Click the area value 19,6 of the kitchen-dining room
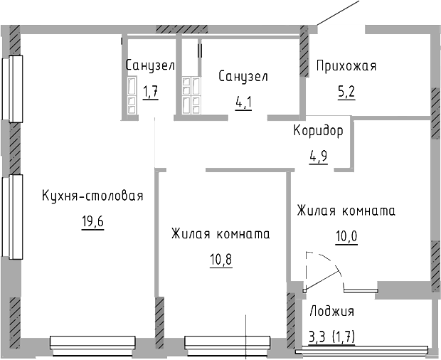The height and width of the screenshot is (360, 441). pos(92,221)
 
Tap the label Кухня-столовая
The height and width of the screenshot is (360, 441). pos(92,196)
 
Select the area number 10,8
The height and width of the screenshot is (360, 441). pos(220,258)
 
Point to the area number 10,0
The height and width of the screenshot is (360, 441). pos(346,235)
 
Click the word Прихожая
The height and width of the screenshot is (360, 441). pos(346,66)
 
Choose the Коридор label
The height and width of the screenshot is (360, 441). pos(318,131)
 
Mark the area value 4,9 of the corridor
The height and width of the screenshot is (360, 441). pos(318,156)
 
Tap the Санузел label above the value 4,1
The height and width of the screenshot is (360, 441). pos(243,75)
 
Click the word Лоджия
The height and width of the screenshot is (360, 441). pos(331,311)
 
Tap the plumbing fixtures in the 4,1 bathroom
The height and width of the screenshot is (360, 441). pos(191,95)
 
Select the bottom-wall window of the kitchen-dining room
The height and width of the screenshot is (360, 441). pos(92,344)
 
